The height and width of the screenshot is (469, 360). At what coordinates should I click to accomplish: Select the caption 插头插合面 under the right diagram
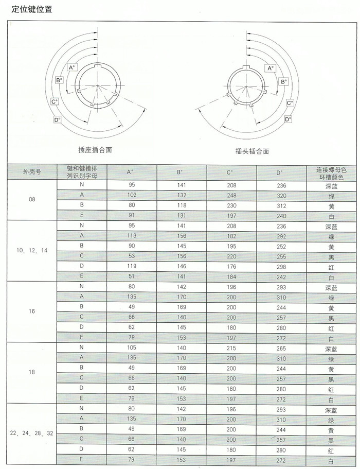pyautogui.click(x=252, y=151)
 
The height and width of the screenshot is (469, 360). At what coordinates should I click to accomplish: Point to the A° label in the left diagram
pyautogui.click(x=72, y=67)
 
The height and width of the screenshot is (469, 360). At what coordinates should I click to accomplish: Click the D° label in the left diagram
pyautogui.click(x=57, y=119)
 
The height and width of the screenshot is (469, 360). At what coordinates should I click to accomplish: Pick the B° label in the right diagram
pyautogui.click(x=283, y=81)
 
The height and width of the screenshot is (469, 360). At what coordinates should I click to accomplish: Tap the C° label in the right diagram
pyautogui.click(x=290, y=102)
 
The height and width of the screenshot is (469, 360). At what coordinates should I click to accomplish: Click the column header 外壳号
pyautogui.click(x=31, y=172)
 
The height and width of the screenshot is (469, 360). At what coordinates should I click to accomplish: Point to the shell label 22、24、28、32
pyautogui.click(x=31, y=433)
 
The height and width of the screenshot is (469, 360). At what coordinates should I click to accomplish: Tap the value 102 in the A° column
pyautogui.click(x=131, y=195)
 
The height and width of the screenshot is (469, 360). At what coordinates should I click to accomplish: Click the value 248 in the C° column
pyautogui.click(x=231, y=195)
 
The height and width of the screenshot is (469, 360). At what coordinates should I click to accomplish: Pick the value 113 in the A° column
pyautogui.click(x=131, y=235)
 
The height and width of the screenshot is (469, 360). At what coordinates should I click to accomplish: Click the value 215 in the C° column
pyautogui.click(x=231, y=348)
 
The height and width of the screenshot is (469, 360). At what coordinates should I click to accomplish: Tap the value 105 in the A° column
pyautogui.click(x=131, y=348)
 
